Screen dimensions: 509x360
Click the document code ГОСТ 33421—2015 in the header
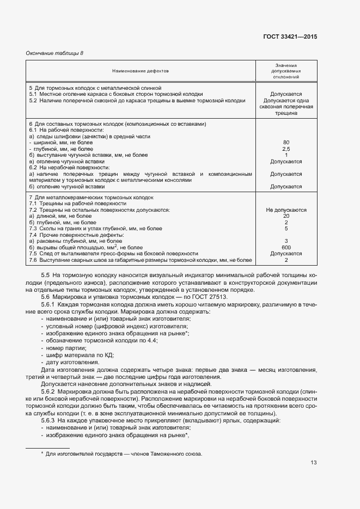coord(289,36)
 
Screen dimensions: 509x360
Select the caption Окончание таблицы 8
coord(55,53)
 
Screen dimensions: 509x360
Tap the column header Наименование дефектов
coord(141,71)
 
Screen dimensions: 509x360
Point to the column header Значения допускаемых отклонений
coord(286,71)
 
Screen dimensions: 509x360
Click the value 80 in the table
coord(286,143)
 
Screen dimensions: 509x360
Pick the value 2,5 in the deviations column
coord(286,149)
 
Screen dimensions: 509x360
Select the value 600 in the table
coord(286,248)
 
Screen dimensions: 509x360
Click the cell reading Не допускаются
coord(286,210)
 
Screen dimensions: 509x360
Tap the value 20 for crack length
coord(286,216)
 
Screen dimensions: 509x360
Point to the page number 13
coord(313,463)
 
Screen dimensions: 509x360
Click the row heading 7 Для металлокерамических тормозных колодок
coord(91,197)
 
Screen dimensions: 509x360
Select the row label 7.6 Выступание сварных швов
coord(139,260)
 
